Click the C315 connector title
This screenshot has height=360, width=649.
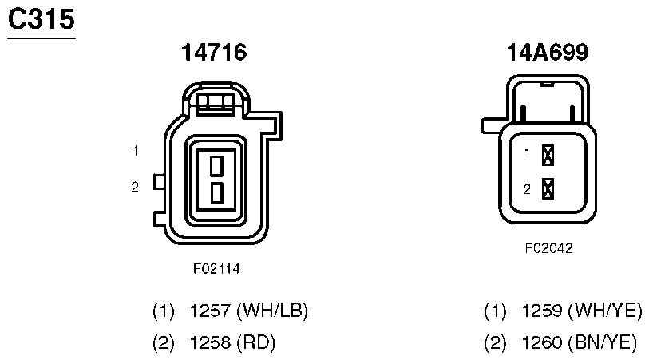click(x=42, y=19)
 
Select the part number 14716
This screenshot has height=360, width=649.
click(x=214, y=52)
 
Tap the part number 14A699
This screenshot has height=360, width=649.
click(x=548, y=52)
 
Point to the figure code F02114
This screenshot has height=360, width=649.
click(x=216, y=269)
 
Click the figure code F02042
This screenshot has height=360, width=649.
click(x=549, y=248)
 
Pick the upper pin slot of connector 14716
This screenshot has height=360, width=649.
click(x=217, y=165)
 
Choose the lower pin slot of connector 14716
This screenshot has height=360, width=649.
click(x=217, y=193)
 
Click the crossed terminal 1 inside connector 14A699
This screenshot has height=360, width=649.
click(x=548, y=155)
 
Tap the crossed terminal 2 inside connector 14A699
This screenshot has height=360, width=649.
click(x=548, y=188)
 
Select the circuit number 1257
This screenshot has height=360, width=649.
click(x=210, y=311)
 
